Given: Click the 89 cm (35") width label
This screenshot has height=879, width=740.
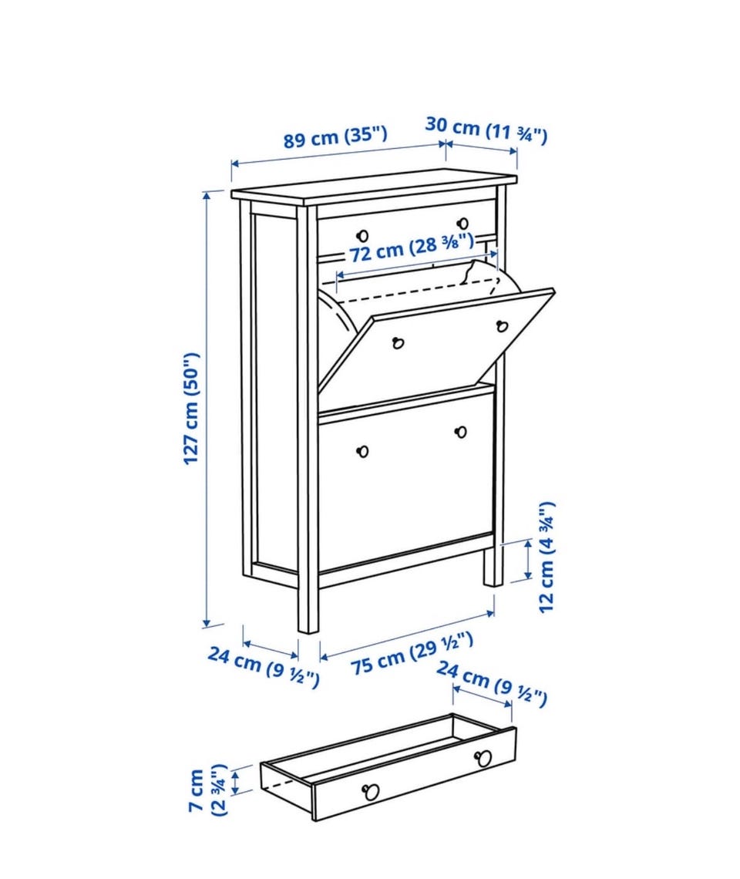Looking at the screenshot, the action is coord(335,137).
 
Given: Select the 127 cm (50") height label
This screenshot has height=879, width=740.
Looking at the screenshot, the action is coord(191,409).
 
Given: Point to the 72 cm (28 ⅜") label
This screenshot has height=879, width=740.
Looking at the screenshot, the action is coord(412,248).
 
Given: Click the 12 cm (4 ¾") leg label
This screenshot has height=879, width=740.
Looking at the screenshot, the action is coord(547,557).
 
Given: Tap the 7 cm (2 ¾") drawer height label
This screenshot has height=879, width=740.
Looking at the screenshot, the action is coord(207,790).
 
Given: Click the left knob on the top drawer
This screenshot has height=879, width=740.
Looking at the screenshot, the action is coord(363,235).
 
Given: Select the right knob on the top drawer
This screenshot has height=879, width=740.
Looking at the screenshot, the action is coord(463,223).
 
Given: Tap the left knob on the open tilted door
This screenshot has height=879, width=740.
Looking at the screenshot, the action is coord(398,342).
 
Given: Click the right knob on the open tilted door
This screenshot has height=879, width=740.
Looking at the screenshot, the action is coord(502,325).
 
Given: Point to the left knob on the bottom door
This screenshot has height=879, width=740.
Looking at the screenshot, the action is coord(363,451).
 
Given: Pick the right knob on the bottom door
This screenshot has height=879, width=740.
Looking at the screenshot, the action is coord(462,432).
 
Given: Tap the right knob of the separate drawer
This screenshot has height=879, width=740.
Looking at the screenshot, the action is coord(483,759).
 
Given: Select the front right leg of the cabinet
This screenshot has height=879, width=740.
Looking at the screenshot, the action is coord(493,566).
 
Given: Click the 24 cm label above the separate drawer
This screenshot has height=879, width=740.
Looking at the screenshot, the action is coord(491,683).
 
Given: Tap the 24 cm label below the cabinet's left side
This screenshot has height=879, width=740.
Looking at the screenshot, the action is coord(264,666).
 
